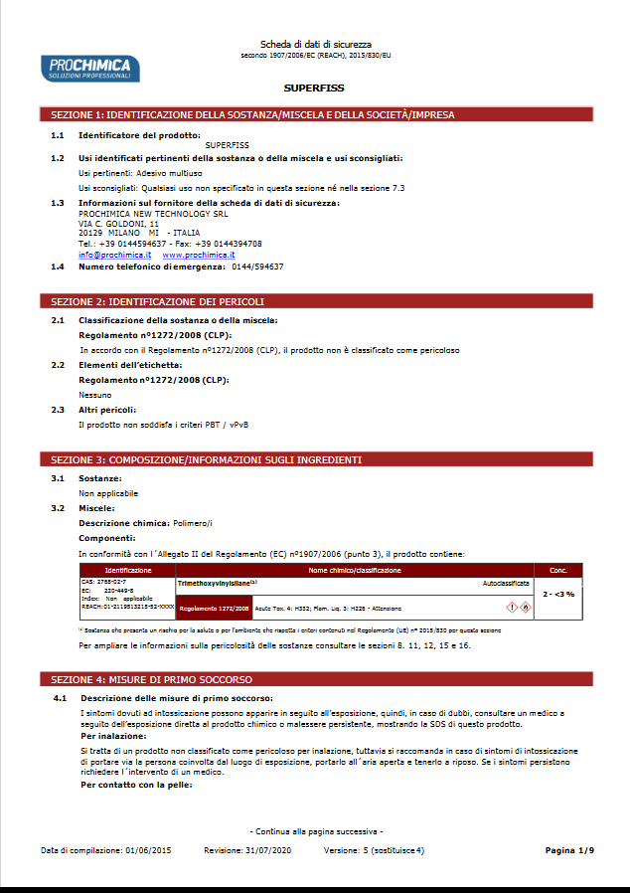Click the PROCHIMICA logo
(90, 68)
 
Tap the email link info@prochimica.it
(108, 255)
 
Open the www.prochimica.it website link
(192, 255)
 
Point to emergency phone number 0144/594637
(256, 267)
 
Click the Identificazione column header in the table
(128, 570)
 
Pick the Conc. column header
(557, 570)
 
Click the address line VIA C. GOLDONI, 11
(118, 224)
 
